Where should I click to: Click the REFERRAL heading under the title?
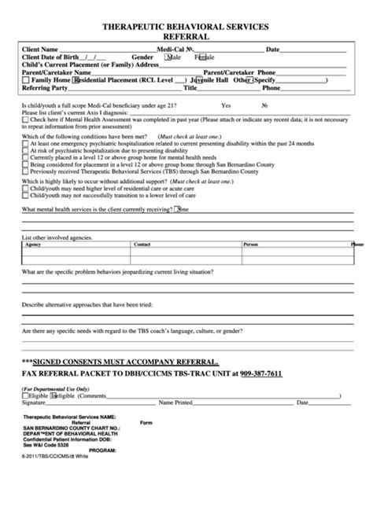(x=186, y=36)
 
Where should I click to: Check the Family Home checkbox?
(x=28, y=79)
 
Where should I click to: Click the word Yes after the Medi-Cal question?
(x=226, y=105)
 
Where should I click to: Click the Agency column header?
(x=34, y=245)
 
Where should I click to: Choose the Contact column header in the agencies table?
(x=142, y=245)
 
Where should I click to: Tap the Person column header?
(x=251, y=245)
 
